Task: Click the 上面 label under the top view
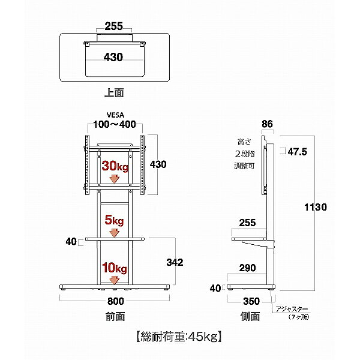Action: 114,93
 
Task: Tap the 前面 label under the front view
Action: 114,315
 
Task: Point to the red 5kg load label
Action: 114,220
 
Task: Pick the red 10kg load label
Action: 114,267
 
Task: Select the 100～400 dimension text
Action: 114,125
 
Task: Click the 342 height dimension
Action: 174,262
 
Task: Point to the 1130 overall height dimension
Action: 314,208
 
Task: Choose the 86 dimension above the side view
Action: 268,125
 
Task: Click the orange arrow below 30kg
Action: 114,179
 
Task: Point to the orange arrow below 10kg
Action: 114,279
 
